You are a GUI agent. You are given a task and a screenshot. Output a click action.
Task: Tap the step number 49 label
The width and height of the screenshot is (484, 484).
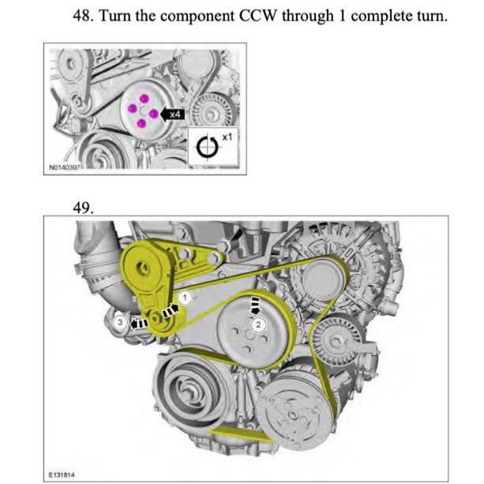click(x=84, y=208)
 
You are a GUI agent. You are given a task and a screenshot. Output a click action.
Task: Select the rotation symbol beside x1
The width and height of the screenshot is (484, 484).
click(x=207, y=147)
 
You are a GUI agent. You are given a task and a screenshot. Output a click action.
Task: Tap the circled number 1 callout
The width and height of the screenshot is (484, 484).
click(x=184, y=297)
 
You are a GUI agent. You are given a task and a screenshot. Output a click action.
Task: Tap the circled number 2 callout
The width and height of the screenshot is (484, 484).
click(x=257, y=322)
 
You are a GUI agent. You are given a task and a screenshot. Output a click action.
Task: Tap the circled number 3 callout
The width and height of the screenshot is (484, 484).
click(x=119, y=322)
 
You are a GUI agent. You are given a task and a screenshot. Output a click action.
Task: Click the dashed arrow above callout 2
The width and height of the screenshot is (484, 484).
click(x=255, y=305)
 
